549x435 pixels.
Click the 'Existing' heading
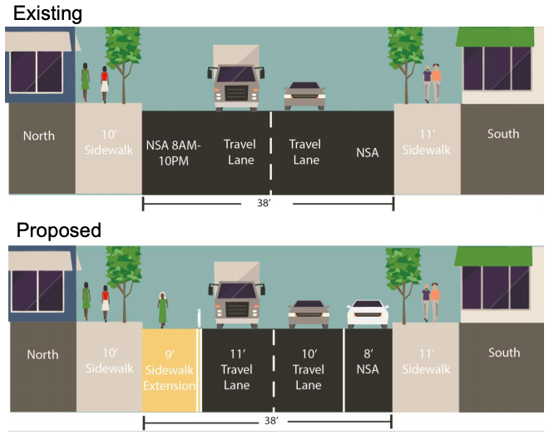tap(47, 14)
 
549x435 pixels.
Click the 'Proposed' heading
tap(59, 230)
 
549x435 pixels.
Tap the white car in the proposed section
tap(368, 314)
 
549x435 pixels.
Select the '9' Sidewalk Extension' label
tap(169, 369)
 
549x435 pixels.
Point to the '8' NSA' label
tap(368, 362)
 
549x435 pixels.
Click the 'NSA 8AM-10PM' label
tap(173, 153)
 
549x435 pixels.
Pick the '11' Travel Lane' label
tap(237, 369)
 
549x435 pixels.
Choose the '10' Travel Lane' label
tap(309, 369)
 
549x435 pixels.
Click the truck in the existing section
tap(236, 77)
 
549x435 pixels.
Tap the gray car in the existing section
tap(304, 96)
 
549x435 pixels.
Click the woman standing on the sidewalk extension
tap(162, 309)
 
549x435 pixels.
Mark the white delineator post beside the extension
tap(199, 318)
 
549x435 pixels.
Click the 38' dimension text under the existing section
tap(265, 203)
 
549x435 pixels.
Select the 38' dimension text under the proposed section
tap(272, 420)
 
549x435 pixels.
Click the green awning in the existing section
tap(495, 37)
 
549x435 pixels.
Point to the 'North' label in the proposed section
tap(42, 354)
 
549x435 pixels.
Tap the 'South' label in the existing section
tap(503, 134)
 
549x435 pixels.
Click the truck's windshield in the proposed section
tap(237, 291)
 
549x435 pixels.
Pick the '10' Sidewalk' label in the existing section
tap(108, 142)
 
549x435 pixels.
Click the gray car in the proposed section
tap(309, 314)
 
